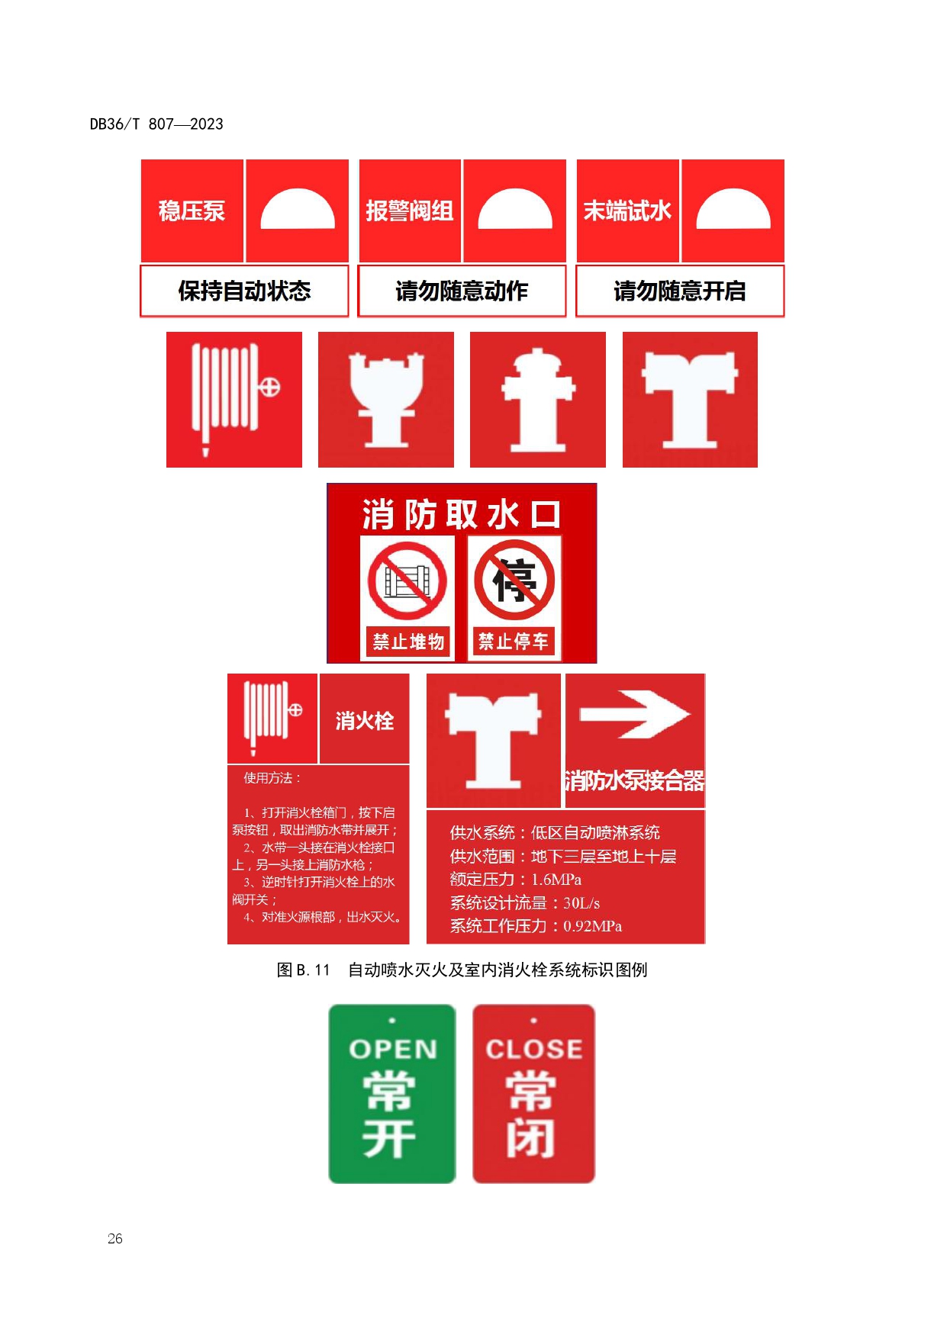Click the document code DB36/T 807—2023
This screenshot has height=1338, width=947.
(156, 124)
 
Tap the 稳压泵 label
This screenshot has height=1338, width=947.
(192, 211)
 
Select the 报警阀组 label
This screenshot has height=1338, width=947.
(410, 211)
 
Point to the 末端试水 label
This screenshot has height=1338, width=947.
(627, 211)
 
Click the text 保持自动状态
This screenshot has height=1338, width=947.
(244, 291)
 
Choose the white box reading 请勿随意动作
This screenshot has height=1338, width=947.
(462, 291)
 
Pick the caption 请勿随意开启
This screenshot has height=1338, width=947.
(680, 291)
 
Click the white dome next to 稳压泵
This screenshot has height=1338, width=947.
(298, 209)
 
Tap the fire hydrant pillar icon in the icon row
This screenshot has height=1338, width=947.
(538, 399)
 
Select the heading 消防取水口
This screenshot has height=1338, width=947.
(462, 514)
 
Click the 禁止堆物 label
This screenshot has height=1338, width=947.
(408, 642)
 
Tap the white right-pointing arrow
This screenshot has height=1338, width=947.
(635, 715)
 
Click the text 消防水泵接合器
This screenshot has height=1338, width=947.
(634, 780)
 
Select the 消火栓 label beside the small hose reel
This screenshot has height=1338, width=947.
(365, 721)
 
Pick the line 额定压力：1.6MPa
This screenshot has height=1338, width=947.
(516, 880)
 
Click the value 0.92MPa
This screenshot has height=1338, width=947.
(593, 926)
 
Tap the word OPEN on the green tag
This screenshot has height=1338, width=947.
(393, 1050)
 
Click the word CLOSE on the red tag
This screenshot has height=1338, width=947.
(534, 1050)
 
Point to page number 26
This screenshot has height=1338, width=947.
(115, 1238)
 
